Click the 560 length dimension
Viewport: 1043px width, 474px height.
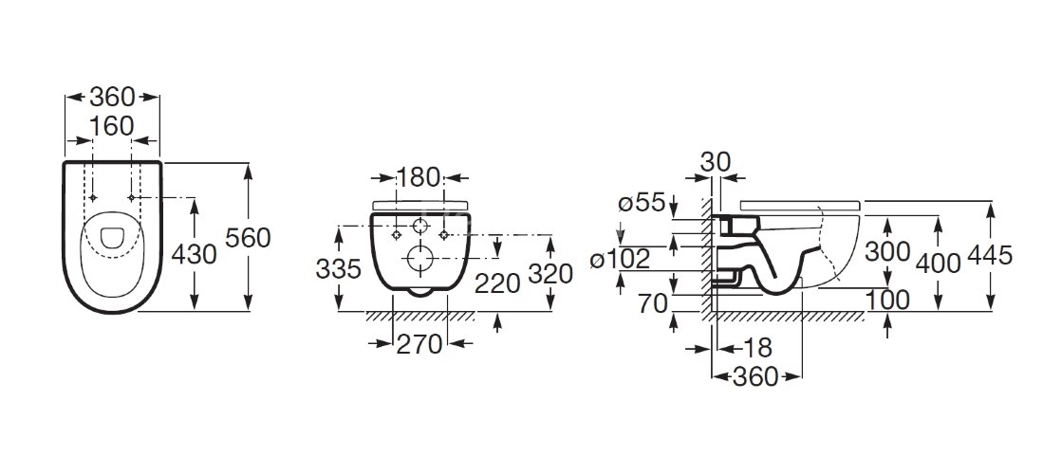(248, 238)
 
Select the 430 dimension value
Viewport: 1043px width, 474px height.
(194, 254)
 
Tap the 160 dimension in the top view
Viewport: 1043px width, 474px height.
(112, 126)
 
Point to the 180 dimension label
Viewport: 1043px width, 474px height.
(419, 177)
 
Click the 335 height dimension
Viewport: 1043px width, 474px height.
(338, 268)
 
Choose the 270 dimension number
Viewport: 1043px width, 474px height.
(419, 344)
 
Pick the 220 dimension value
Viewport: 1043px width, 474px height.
(497, 283)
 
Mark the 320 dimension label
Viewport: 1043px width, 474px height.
(550, 273)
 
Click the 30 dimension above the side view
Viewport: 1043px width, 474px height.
(716, 161)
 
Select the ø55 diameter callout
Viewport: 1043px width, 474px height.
(642, 202)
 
